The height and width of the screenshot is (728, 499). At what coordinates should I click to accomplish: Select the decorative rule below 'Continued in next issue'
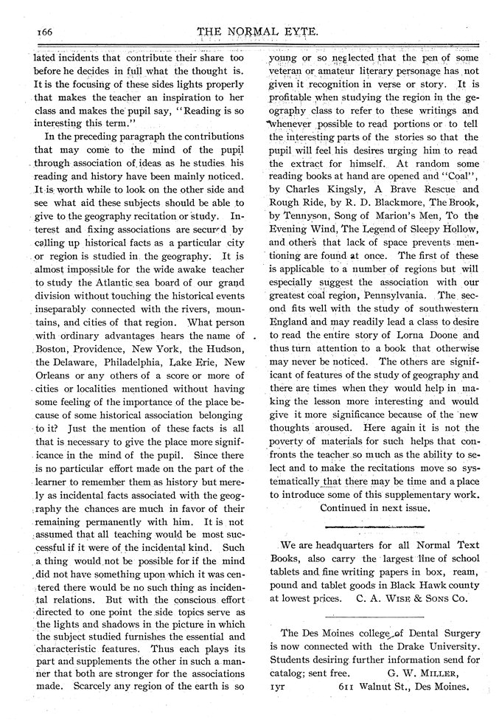(374, 527)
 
